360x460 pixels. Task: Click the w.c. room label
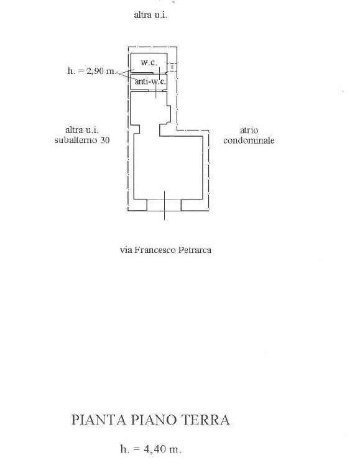pos(149,62)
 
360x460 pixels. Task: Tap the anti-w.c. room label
pos(150,81)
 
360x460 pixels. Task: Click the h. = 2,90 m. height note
pos(91,71)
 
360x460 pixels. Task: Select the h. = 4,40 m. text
pos(151,449)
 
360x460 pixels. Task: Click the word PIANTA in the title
pos(99,420)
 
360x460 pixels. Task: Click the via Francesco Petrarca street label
pos(165,250)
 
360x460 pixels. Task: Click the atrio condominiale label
pos(249,136)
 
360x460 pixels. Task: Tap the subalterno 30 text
pos(82,140)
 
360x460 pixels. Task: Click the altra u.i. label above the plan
pos(150,15)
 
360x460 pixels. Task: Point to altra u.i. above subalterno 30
pos(82,130)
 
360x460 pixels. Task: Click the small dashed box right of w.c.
pos(172,67)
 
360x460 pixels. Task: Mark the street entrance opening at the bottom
pos(164,205)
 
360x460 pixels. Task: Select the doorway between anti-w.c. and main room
pos(156,91)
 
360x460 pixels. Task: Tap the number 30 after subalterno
pos(105,140)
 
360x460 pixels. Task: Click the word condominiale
pos(249,140)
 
